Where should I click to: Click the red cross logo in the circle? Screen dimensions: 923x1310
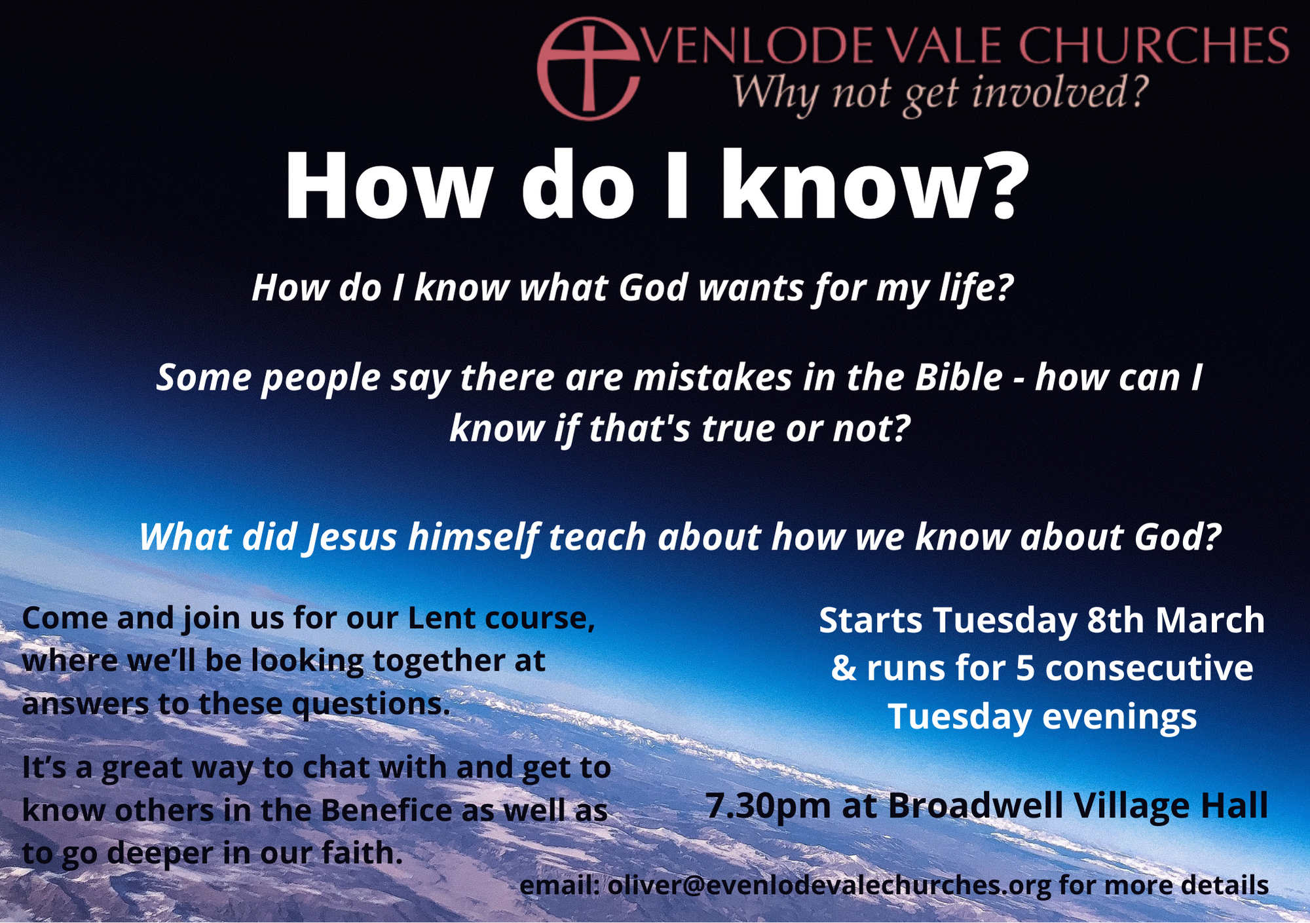click(587, 68)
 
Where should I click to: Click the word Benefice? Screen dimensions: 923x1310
click(386, 810)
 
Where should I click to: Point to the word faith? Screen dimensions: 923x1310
click(362, 853)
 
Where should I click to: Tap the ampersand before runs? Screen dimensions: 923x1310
click(844, 668)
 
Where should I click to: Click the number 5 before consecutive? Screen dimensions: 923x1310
click(1026, 668)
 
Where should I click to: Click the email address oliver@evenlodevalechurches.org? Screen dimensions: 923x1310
click(829, 886)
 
